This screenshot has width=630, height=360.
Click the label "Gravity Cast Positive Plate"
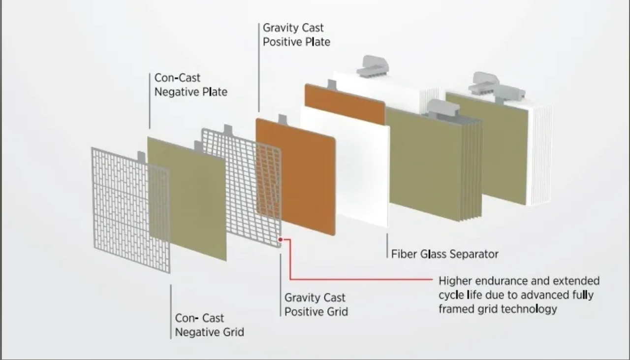(296, 35)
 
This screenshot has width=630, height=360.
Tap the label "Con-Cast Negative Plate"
(190, 85)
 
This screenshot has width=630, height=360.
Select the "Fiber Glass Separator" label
(444, 254)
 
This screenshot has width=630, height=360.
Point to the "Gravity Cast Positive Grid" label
(316, 305)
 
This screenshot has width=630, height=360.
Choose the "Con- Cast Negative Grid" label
(209, 326)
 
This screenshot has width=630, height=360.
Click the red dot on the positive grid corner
(281, 240)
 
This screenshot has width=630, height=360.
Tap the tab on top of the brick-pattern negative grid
(141, 157)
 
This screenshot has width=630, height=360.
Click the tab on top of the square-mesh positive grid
(228, 130)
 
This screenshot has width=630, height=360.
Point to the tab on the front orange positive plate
(283, 119)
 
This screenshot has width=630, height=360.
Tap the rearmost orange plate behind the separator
(345, 104)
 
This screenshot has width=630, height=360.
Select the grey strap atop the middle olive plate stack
(442, 108)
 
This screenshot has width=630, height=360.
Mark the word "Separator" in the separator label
(474, 254)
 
